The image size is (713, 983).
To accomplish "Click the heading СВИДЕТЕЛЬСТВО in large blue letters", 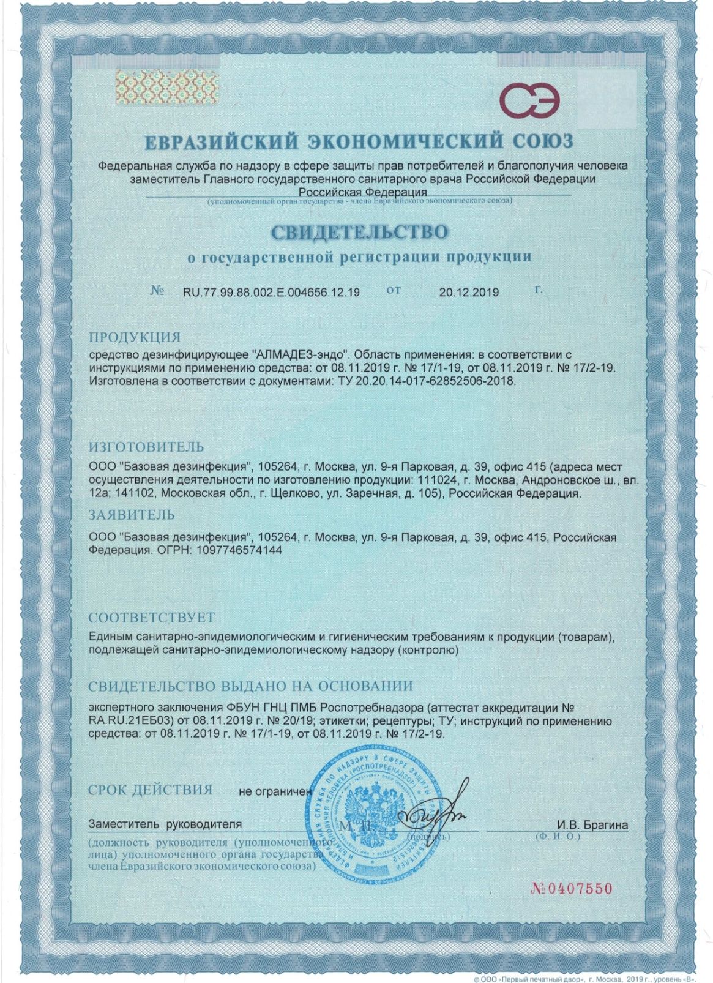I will (x=359, y=232).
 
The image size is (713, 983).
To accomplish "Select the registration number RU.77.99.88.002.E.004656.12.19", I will (x=271, y=292).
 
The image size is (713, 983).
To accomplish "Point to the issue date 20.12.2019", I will (x=469, y=292).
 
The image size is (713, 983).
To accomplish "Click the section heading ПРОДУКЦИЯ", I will (x=135, y=337).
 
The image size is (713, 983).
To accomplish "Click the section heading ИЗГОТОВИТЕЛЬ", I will (x=146, y=447).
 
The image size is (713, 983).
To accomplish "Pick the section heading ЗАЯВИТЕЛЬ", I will (x=132, y=515).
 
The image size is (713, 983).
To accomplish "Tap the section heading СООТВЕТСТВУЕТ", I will (x=151, y=617).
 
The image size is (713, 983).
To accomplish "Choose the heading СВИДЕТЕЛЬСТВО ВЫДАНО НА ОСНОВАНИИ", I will (x=250, y=686).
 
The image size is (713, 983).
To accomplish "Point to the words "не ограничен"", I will (x=275, y=791).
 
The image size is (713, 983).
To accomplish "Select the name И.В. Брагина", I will (x=592, y=824).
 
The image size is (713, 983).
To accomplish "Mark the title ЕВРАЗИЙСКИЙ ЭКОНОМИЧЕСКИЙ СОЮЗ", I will (x=359, y=142).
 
